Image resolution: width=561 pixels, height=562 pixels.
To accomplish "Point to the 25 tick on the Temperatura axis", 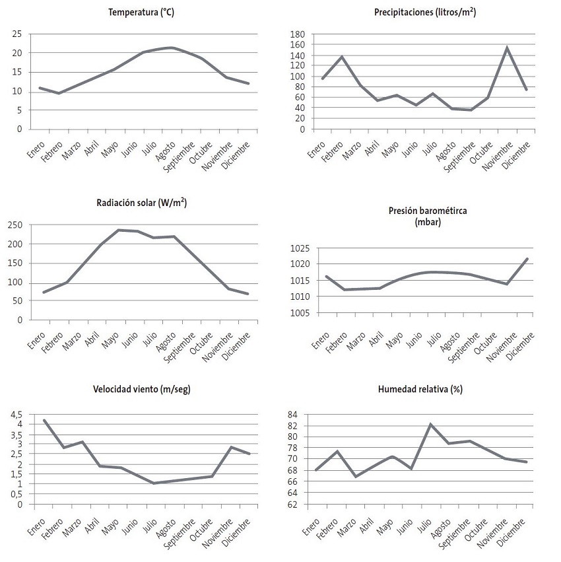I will (x=17, y=34).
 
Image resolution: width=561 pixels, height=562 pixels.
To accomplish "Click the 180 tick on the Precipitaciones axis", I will (x=297, y=34).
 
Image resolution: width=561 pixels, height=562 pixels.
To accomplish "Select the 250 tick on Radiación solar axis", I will (x=15, y=225).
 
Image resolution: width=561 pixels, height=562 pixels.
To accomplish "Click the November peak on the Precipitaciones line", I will (x=507, y=48).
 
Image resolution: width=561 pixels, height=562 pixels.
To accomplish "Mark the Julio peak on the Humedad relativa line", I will (x=431, y=425).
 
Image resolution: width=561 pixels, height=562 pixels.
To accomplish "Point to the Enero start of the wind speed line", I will (x=44, y=420).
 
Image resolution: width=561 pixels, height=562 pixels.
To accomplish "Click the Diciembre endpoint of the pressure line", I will (x=526, y=259).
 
